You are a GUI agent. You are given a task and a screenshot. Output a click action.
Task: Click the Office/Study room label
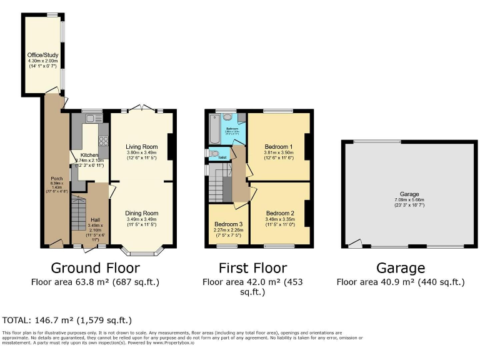pos(42,56)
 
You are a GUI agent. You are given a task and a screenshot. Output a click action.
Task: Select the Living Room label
pos(142,147)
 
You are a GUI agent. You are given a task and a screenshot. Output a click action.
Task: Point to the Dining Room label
pos(142,213)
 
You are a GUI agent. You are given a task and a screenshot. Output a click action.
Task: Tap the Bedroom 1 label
pos(278,145)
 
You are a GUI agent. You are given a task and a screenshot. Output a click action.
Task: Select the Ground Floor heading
pos(96,269)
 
